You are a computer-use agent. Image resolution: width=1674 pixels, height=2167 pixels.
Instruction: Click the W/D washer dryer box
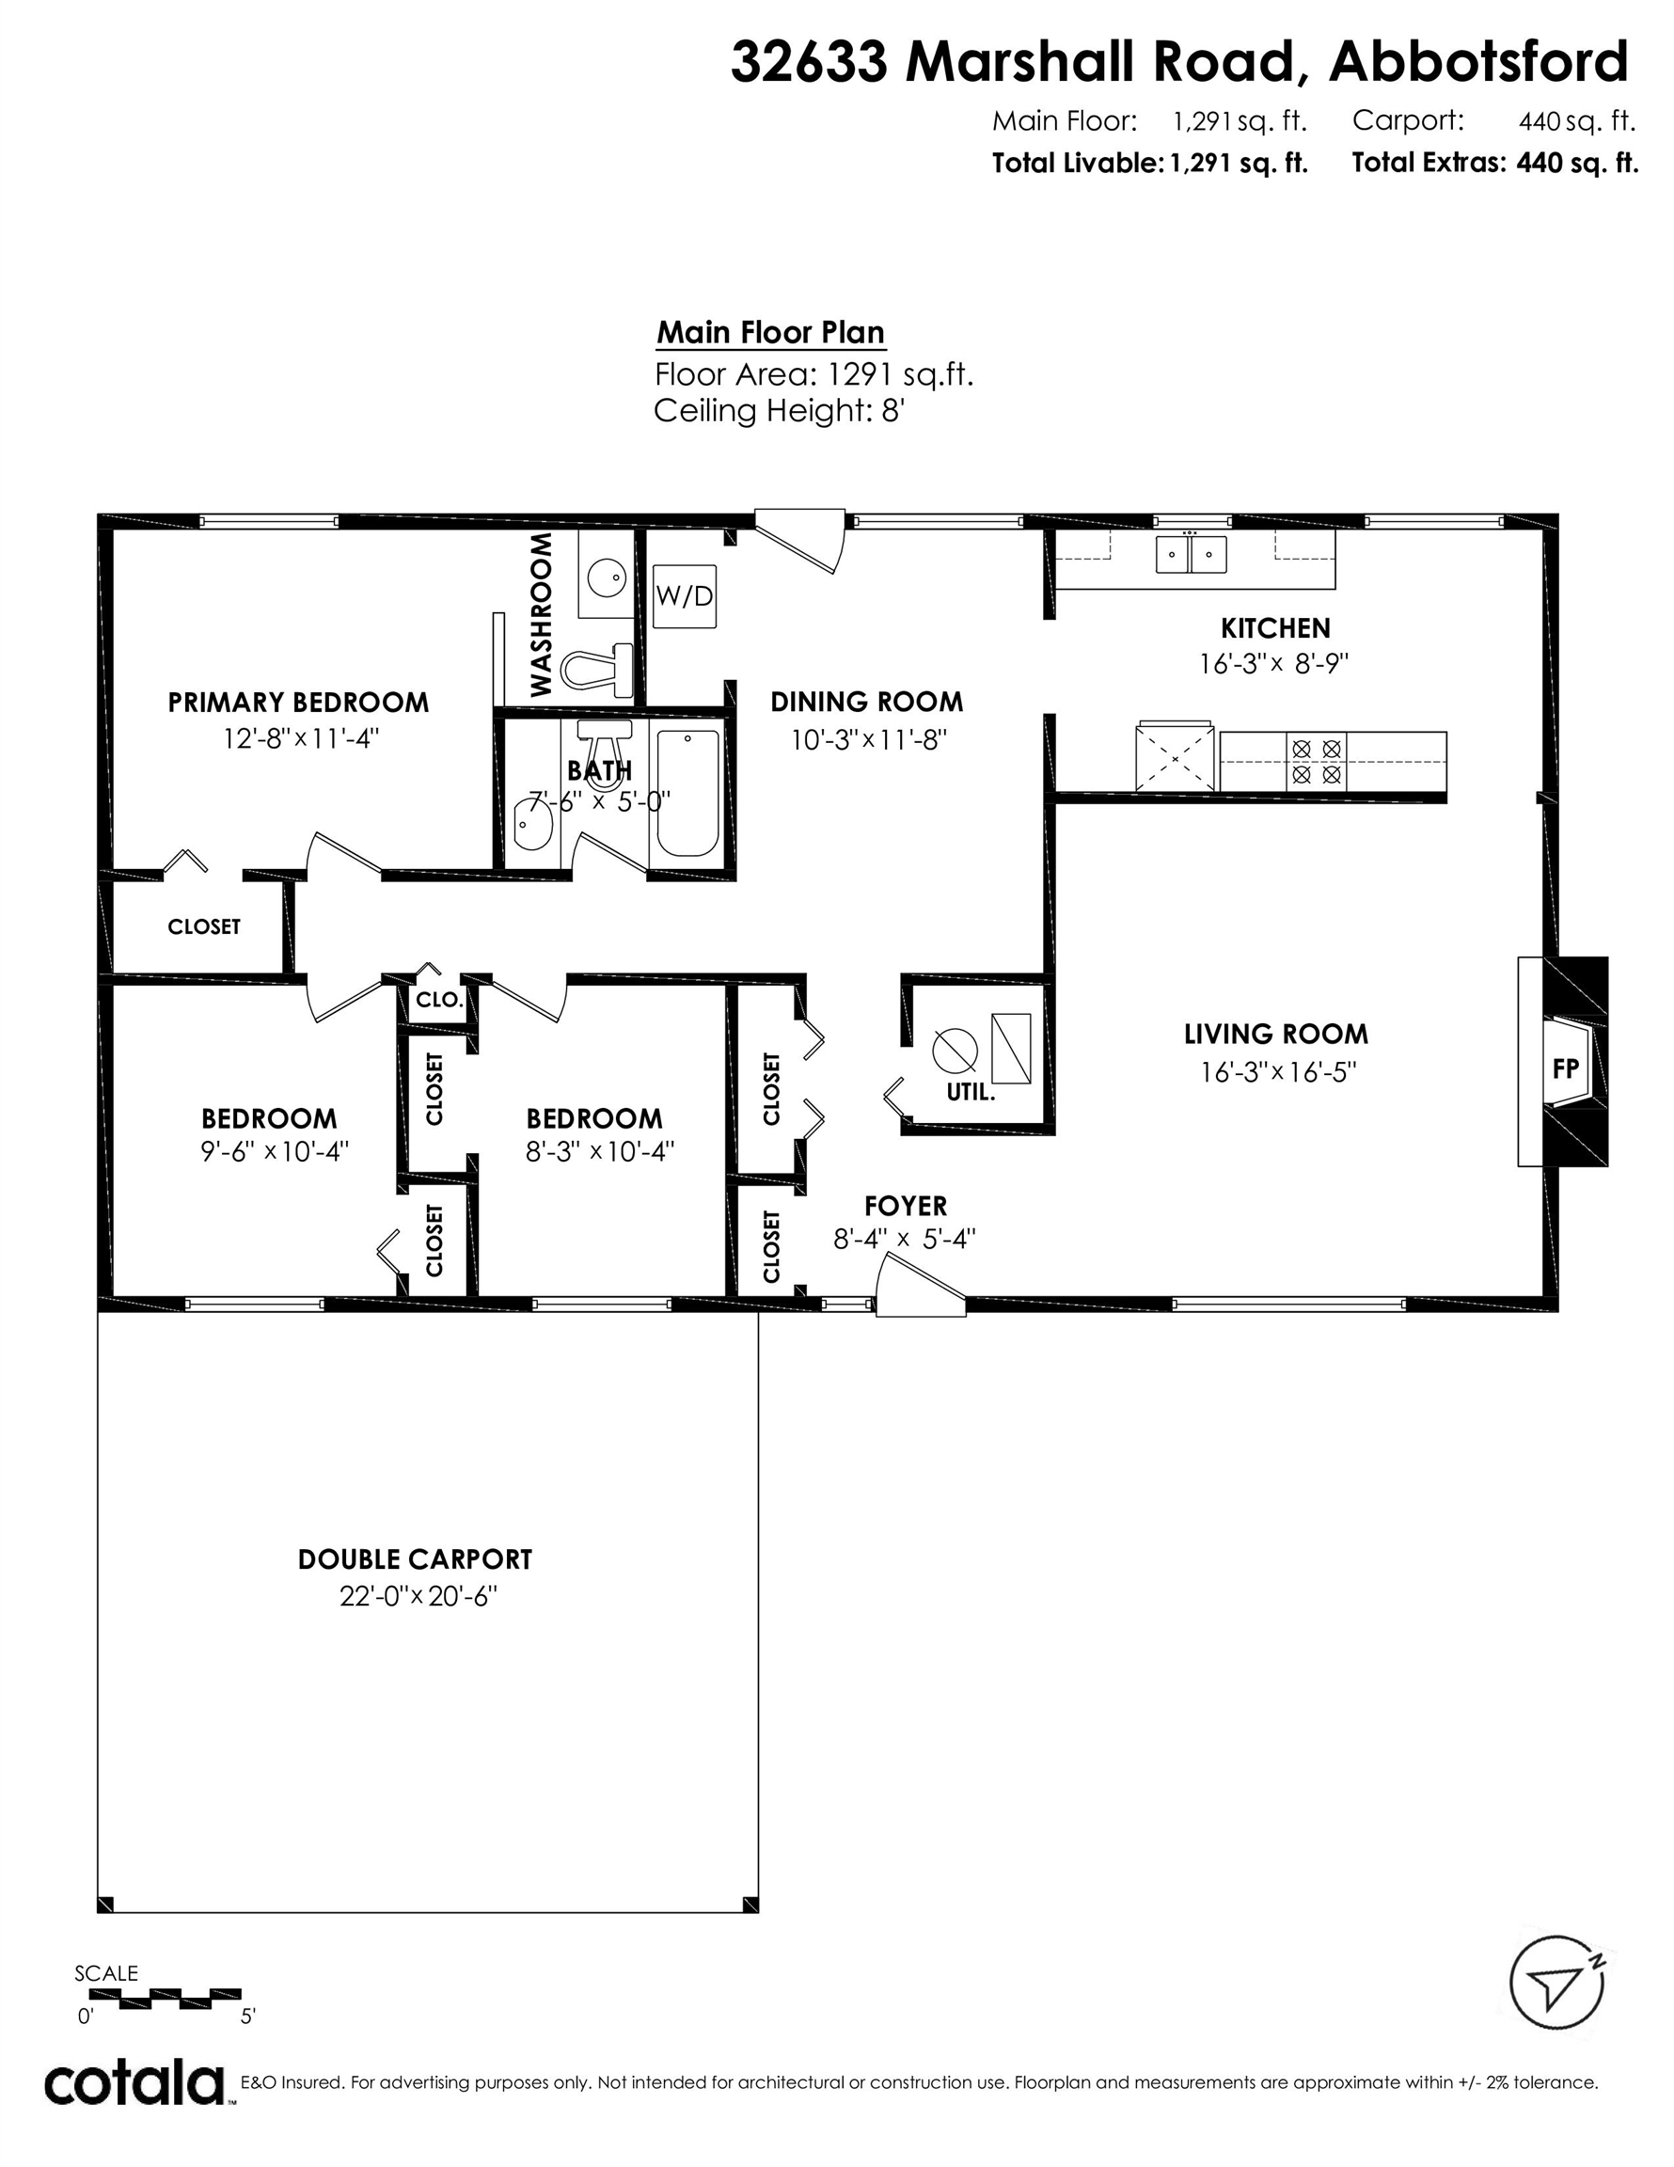click(685, 596)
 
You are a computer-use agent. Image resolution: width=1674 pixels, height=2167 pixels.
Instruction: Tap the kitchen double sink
click(1191, 554)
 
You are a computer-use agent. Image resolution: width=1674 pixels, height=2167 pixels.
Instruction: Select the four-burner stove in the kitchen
click(1317, 761)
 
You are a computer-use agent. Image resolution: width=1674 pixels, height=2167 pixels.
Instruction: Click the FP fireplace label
click(1565, 1068)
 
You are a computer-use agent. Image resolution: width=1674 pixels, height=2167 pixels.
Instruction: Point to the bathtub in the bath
click(687, 794)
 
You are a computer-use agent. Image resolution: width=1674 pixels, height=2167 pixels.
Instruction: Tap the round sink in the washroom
click(606, 576)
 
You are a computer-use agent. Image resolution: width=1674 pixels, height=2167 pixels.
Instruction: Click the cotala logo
click(134, 2083)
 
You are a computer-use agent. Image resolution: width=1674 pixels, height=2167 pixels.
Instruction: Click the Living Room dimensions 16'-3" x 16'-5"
click(1277, 1072)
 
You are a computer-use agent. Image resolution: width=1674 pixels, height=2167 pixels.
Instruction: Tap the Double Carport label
click(415, 1559)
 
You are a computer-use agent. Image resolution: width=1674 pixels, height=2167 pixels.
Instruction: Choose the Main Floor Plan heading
click(770, 332)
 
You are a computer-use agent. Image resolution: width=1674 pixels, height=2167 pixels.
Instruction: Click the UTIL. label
click(971, 1092)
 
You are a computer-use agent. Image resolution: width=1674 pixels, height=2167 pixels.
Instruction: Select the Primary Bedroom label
click(298, 703)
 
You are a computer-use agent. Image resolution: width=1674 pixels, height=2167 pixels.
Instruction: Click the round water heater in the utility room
click(955, 1049)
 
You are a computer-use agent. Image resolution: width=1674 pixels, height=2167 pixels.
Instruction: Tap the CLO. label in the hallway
click(438, 1000)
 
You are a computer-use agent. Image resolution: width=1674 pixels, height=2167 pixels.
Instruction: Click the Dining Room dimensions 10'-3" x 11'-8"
click(867, 739)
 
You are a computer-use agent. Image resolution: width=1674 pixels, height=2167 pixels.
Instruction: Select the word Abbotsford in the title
click(1477, 61)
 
